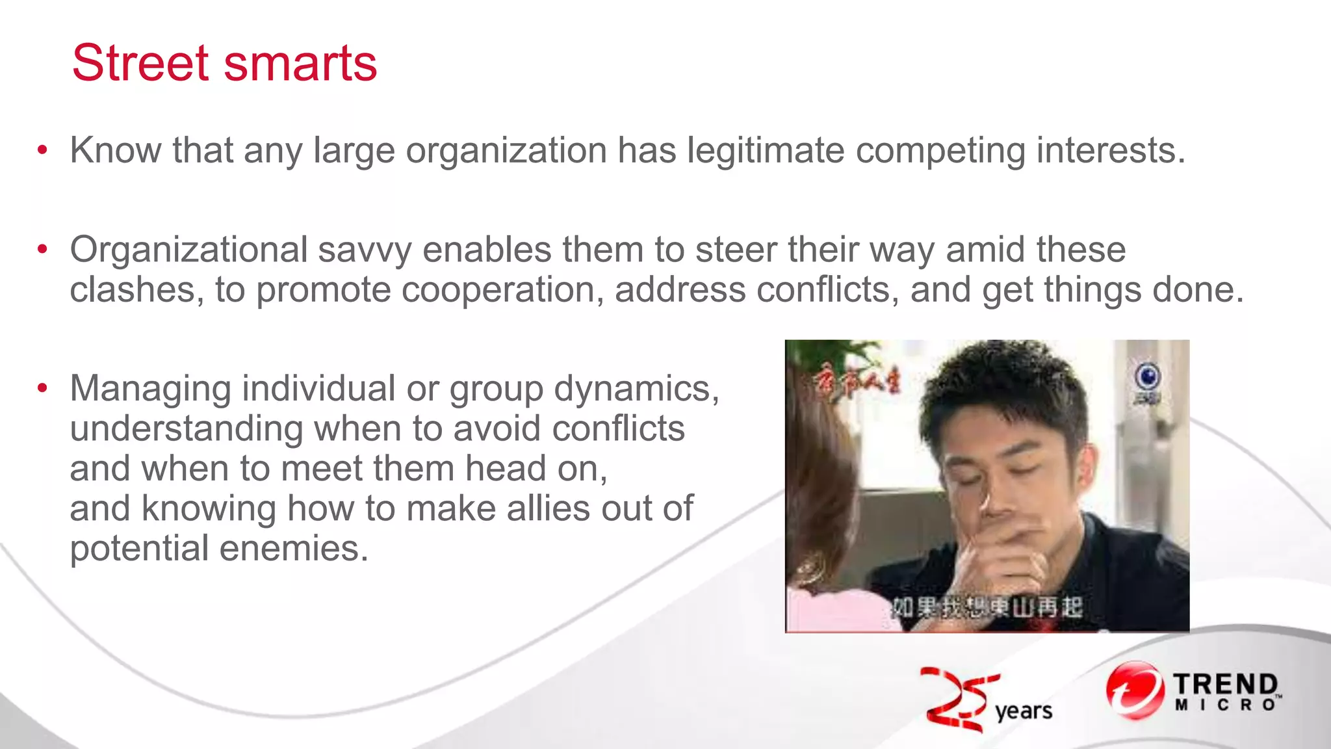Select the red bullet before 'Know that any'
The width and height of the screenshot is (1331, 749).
[43, 150]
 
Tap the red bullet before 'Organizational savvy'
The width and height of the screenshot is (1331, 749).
[43, 249]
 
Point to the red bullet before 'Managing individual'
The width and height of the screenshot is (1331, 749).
[43, 388]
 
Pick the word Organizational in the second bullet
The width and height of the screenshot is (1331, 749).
[188, 250]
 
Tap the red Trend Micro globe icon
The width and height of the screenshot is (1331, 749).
[1134, 690]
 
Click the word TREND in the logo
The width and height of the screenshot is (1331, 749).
[1226, 684]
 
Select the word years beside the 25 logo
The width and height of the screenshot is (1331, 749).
[1024, 711]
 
